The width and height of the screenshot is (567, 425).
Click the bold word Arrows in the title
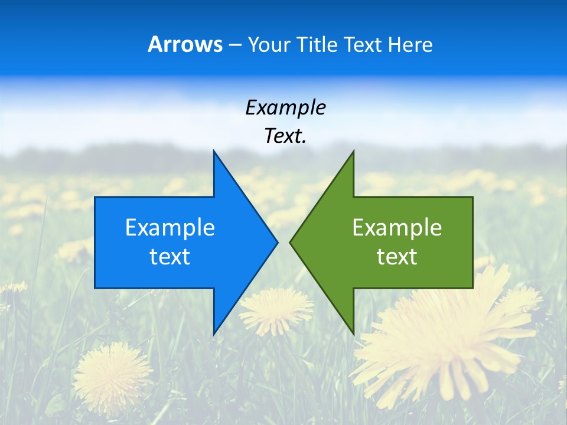(185, 44)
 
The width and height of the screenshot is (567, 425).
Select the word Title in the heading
(318, 45)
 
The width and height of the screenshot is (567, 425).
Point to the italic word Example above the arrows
(285, 107)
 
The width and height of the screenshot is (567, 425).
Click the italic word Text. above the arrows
(285, 136)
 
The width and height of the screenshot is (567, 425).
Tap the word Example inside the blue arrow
(170, 228)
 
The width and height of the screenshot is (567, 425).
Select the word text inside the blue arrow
(170, 257)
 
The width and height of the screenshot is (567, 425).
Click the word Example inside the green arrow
(397, 228)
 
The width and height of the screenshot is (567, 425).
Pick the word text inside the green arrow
(397, 257)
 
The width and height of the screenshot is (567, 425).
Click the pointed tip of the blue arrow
(276, 242)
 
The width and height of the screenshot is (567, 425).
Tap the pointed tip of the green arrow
(291, 242)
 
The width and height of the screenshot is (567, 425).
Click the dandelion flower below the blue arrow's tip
(276, 310)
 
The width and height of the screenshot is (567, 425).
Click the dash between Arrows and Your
(234, 45)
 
